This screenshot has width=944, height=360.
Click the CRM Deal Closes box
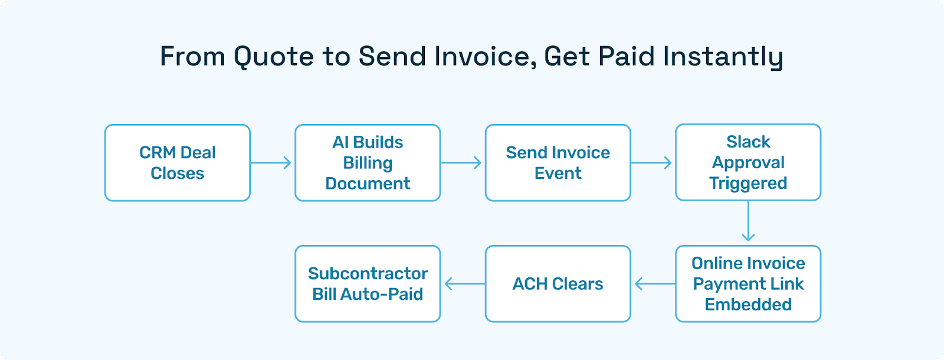[177, 163]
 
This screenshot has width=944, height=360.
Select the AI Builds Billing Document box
[368, 163]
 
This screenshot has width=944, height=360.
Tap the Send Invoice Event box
[558, 163]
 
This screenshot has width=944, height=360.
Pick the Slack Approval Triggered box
[748, 162]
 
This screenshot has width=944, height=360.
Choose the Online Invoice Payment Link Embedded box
[748, 284]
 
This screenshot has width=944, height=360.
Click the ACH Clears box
[558, 284]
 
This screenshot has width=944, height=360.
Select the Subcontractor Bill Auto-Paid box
[368, 284]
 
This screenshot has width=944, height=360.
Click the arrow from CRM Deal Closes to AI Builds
[272, 163]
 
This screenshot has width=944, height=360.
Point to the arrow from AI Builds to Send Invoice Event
[462, 163]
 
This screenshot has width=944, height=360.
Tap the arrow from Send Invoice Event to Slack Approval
[653, 163]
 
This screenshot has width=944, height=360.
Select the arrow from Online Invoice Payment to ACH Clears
[654, 284]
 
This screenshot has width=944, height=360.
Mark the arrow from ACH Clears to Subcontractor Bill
[463, 284]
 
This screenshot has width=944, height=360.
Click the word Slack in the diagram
[748, 142]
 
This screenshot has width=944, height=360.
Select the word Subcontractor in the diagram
[368, 273]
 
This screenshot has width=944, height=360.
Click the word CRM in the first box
[158, 152]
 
